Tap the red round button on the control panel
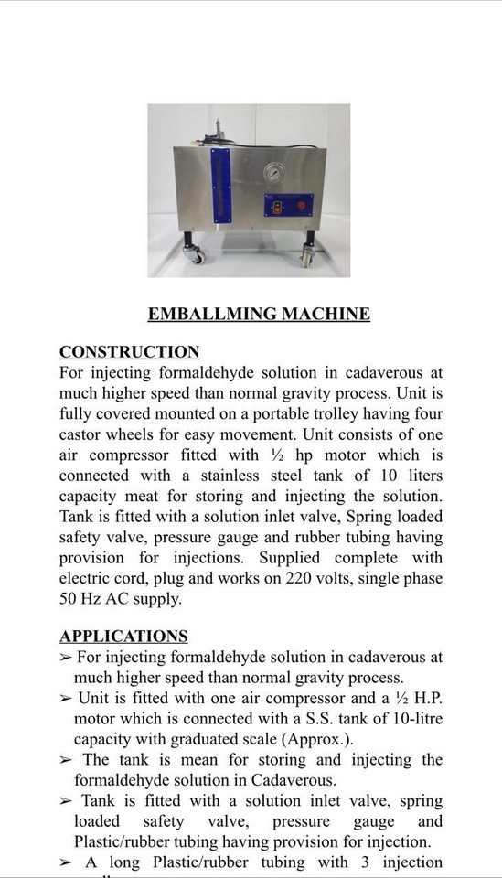tap(302, 206)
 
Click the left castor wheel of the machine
tap(194, 255)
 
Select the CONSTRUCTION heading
tap(129, 352)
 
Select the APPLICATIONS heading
tap(123, 637)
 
